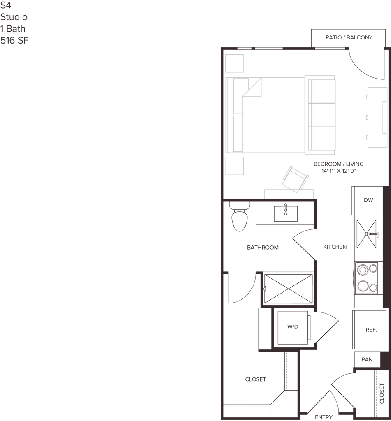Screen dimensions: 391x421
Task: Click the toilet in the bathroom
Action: (x=238, y=218)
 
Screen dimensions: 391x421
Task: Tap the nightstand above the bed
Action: (x=235, y=63)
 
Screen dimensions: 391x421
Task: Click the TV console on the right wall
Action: (x=377, y=117)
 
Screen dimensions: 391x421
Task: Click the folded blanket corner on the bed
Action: (x=254, y=87)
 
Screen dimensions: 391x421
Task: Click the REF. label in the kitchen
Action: (x=371, y=330)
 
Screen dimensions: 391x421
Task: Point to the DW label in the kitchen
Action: (x=368, y=200)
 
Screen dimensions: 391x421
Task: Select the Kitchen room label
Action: (x=334, y=247)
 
